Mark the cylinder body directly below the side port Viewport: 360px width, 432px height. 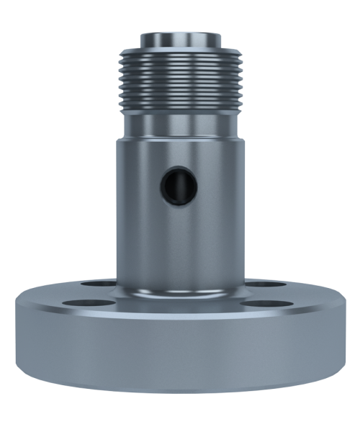click(179, 238)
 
